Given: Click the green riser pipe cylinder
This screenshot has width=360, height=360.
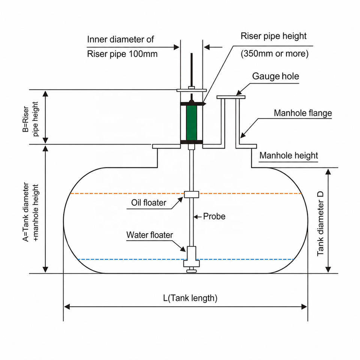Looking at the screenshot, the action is (x=192, y=123).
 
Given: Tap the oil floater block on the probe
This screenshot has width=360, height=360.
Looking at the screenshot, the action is (x=192, y=195).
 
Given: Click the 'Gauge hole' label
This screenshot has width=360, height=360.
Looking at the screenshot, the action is (x=276, y=76).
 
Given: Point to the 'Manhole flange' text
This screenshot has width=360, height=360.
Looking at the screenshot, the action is (x=303, y=113).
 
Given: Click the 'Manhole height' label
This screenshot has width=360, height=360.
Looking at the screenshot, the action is (x=289, y=156).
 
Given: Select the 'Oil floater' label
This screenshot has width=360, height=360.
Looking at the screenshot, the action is (x=148, y=202).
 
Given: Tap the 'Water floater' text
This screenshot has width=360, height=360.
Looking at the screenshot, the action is (x=150, y=235).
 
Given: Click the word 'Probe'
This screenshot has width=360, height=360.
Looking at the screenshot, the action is (x=214, y=216).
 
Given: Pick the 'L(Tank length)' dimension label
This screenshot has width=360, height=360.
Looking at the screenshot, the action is (x=190, y=298).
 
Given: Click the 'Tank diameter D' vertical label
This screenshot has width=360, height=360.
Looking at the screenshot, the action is (x=320, y=223).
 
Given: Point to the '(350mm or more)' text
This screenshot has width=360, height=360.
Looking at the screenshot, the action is (x=274, y=54).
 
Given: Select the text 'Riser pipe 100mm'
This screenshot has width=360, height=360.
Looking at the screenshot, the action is (x=122, y=54).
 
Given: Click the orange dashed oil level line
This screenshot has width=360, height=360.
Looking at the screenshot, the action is (x=186, y=193).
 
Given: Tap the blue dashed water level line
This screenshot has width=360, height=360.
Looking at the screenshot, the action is (x=186, y=259).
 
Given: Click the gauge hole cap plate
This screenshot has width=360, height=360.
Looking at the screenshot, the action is (x=231, y=97).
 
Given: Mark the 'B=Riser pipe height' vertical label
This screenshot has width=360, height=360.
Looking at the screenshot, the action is (x=30, y=119).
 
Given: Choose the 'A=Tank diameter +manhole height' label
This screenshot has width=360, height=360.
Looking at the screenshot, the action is (x=30, y=212).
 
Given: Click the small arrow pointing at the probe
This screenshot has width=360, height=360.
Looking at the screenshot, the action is (x=198, y=216).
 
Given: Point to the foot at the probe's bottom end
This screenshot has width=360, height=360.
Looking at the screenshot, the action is (x=192, y=271).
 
